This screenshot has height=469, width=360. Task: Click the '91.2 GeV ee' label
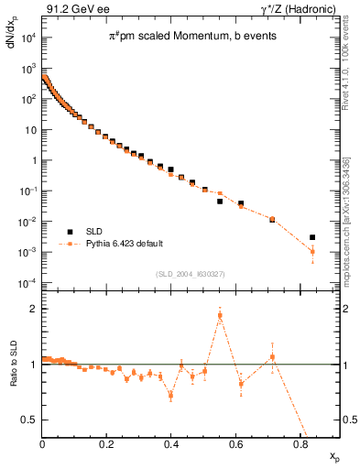(72, 8)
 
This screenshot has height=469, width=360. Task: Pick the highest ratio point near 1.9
(220, 315)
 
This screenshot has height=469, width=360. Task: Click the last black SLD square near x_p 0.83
(312, 237)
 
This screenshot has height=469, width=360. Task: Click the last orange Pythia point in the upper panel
(312, 251)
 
